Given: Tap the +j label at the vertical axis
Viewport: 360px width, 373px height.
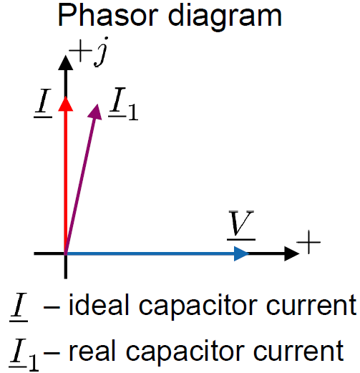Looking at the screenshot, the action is click(89, 52).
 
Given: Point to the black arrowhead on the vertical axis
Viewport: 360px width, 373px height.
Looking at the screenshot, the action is click(66, 63).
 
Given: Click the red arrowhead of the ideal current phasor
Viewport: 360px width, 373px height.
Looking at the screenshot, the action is click(66, 104).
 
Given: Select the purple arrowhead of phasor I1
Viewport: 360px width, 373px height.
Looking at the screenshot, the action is click(95, 112).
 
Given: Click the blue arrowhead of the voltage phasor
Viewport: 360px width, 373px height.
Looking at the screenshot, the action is click(241, 253).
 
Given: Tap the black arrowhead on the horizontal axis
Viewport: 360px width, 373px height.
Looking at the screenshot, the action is click(292, 253).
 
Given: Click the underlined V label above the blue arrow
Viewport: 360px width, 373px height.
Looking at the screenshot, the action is click(241, 225).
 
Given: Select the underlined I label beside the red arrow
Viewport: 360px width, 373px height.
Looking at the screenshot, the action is click(43, 103).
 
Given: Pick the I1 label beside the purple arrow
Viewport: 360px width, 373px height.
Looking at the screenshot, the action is click(123, 104).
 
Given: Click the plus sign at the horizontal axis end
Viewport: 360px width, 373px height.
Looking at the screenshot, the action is click(308, 242).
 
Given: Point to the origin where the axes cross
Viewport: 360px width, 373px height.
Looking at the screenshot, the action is click(66, 253).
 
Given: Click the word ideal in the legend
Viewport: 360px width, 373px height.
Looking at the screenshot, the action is click(99, 304).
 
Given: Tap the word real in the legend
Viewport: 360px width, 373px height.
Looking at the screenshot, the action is click(91, 350).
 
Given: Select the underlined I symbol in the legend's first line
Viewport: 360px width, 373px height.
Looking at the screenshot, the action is click(19, 307).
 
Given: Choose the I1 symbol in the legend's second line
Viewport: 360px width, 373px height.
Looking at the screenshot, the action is click(24, 354).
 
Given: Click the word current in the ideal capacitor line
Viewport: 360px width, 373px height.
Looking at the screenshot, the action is click(311, 305).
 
